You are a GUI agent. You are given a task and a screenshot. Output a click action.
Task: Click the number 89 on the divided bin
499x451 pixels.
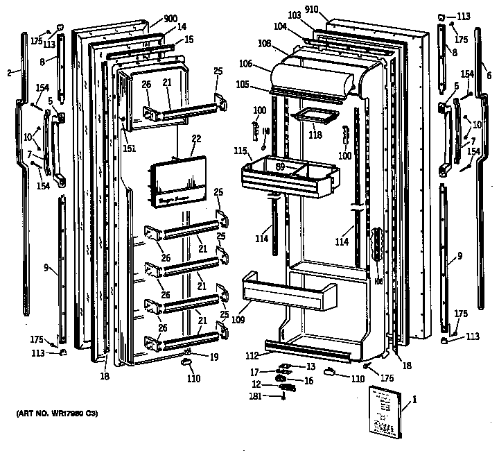click(280, 167)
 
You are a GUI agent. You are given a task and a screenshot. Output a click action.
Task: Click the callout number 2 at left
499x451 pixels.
click(9, 71)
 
